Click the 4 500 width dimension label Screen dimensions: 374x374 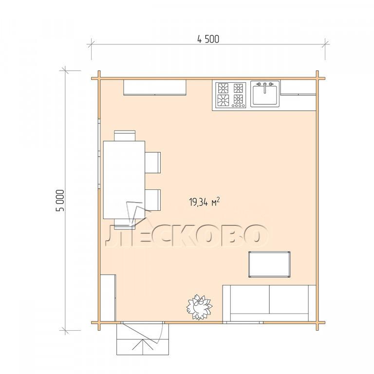pos(208,39)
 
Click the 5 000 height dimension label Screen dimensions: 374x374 pos(60,200)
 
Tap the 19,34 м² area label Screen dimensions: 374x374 pos(205,202)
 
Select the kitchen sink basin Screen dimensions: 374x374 pos(265,95)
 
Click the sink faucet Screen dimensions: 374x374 pos(265,87)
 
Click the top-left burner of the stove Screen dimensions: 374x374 pos(223,88)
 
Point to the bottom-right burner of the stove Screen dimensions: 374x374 pos(238,99)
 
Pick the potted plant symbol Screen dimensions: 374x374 pos(199,307)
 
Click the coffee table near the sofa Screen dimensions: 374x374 pos(269,264)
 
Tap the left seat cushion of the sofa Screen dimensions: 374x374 pos(250,299)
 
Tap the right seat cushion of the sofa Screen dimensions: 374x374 pos(289,299)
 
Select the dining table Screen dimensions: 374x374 pos(124,180)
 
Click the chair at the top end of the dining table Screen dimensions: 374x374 pos(125,136)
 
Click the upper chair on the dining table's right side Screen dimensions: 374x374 pos(152,163)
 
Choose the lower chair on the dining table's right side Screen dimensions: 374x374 pos(152,200)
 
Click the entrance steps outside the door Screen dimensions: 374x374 pos(143,346)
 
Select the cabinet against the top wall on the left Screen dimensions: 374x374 pos(155,88)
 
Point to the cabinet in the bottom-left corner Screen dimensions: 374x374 pos(108,298)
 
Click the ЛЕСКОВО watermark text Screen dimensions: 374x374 pos(186,235)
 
